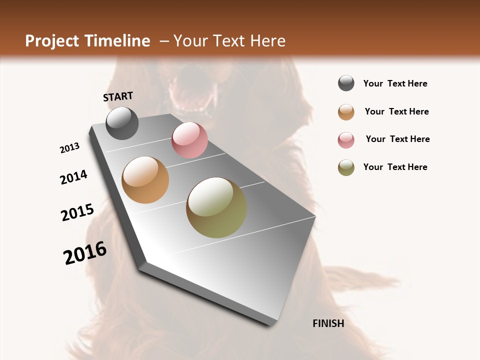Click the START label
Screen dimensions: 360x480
pyautogui.click(x=118, y=96)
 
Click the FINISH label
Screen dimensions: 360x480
pyautogui.click(x=328, y=323)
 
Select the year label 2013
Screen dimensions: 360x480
pyautogui.click(x=70, y=148)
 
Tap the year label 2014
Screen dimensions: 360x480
pyautogui.click(x=74, y=177)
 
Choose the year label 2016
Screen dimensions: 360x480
pyautogui.click(x=85, y=253)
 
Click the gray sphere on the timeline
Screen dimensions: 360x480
pyautogui.click(x=122, y=123)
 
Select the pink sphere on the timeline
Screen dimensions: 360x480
pyautogui.click(x=189, y=140)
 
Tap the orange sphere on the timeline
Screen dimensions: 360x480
pyautogui.click(x=145, y=180)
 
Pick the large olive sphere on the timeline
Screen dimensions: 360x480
pyautogui.click(x=216, y=207)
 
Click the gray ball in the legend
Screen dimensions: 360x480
pyautogui.click(x=346, y=83)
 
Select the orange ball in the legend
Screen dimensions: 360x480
pyautogui.click(x=346, y=112)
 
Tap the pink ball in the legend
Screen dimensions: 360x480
pyautogui.click(x=346, y=140)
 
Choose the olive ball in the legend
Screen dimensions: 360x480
pyautogui.click(x=346, y=167)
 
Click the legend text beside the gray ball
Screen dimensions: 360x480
pyautogui.click(x=395, y=84)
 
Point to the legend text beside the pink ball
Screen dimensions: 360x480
pyautogui.click(x=397, y=139)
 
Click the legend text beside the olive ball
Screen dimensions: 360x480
pyautogui.click(x=395, y=167)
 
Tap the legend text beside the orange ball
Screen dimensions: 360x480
pyautogui.click(x=396, y=111)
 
